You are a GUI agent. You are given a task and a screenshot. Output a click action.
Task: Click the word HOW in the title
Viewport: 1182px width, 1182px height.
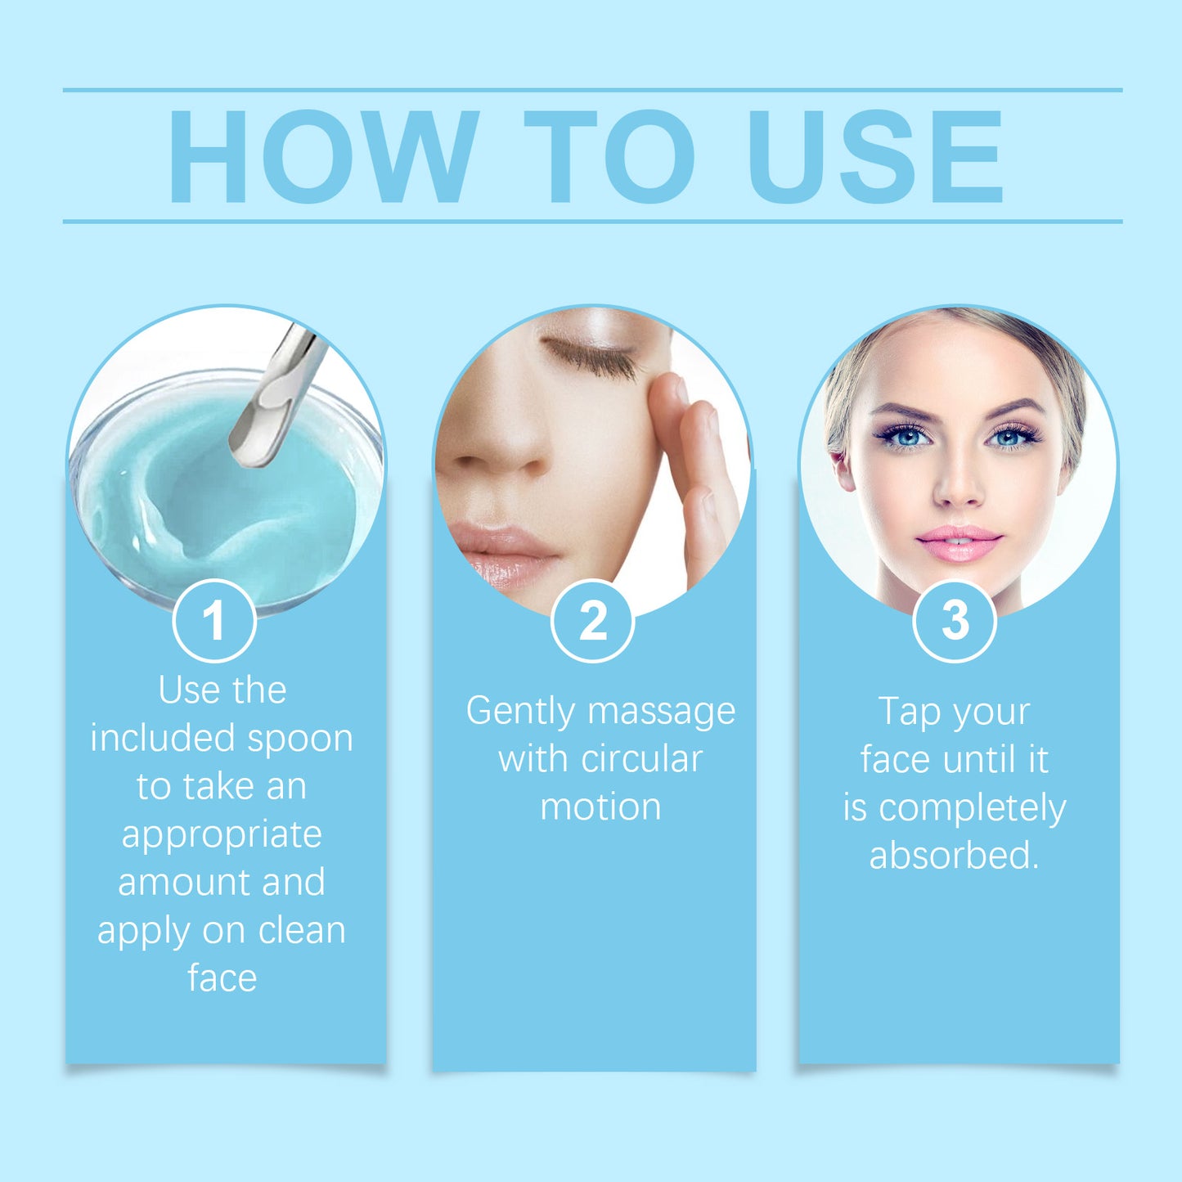[323, 157]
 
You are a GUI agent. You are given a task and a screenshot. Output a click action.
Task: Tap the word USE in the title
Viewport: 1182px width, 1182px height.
[875, 157]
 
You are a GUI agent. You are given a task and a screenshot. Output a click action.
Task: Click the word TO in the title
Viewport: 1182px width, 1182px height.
[609, 157]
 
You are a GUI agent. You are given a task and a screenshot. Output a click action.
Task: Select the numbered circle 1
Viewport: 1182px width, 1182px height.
[214, 621]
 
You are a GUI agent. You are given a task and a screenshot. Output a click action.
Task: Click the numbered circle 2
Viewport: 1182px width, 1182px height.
[593, 621]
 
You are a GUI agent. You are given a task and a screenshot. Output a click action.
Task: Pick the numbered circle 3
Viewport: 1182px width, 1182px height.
[955, 621]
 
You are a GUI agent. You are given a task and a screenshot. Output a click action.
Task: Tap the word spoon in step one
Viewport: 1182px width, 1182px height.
[300, 739]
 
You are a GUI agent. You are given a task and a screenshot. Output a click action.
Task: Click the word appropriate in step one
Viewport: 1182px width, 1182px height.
[222, 834]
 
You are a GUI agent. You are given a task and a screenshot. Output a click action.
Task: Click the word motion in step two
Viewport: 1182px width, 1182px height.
[600, 807]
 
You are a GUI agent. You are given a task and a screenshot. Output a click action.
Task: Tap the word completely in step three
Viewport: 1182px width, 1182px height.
[972, 809]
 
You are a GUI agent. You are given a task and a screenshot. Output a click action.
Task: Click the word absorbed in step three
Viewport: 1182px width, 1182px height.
[954, 856]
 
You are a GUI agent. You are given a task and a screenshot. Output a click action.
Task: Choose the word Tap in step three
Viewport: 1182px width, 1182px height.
[909, 712]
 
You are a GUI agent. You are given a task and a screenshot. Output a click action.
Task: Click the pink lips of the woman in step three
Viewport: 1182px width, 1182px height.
[959, 543]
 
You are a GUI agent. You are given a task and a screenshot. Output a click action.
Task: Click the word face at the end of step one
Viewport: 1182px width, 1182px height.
[222, 978]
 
